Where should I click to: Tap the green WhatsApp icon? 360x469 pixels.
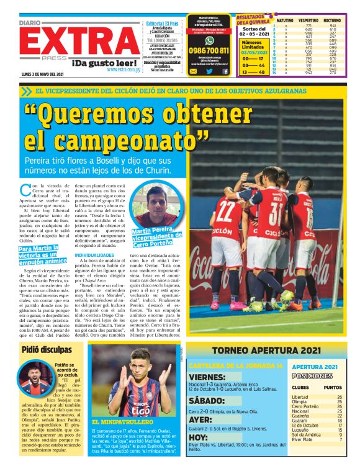(210, 40)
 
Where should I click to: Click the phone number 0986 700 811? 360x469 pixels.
(210, 51)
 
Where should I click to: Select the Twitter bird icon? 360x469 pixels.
(209, 71)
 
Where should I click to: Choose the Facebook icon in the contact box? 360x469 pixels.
(225, 71)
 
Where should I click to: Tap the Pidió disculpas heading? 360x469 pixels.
(47, 349)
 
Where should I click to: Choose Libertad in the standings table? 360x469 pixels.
(300, 397)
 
